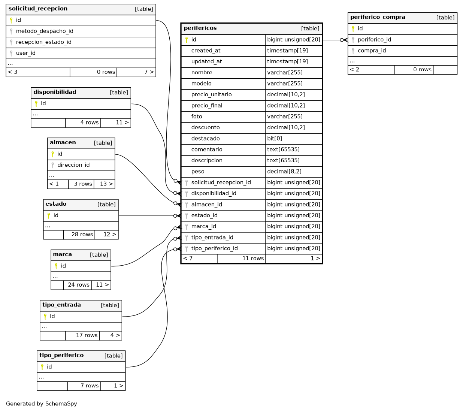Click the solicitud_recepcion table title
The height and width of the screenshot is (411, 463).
(x=38, y=9)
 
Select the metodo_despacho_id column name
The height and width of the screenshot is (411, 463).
(x=45, y=31)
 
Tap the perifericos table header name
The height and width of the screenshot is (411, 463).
(x=200, y=28)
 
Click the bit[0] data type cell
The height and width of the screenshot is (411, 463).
(x=275, y=139)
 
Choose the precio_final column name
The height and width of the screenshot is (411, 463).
(x=207, y=106)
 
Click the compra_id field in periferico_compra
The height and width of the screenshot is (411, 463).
(x=372, y=51)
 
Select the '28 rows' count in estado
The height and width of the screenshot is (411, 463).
(x=82, y=235)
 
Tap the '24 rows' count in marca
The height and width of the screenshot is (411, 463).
(x=79, y=285)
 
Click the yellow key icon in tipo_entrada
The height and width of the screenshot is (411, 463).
(x=45, y=317)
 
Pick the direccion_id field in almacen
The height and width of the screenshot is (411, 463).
(x=73, y=165)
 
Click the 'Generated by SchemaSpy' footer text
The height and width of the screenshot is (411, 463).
(x=42, y=404)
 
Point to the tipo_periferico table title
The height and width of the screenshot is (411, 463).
(x=61, y=355)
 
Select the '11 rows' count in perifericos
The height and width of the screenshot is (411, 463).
(x=253, y=259)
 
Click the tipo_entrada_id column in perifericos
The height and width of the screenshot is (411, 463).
(x=212, y=238)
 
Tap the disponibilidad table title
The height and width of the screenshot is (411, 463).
(x=55, y=92)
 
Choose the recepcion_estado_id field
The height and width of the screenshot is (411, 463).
(x=43, y=42)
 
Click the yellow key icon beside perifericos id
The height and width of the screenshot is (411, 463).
(x=187, y=40)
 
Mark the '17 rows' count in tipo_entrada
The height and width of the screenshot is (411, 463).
(x=87, y=335)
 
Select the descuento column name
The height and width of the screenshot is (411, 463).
(x=205, y=128)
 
